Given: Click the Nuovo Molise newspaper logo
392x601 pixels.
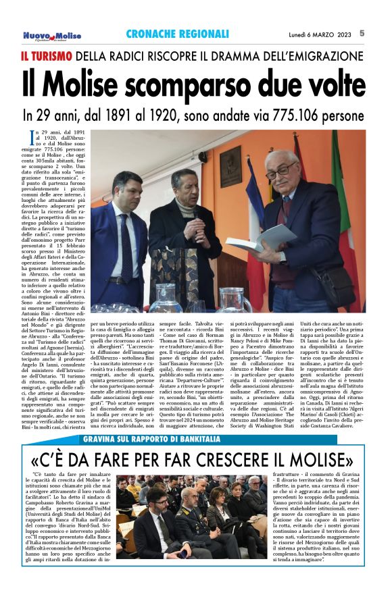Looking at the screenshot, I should (51, 35).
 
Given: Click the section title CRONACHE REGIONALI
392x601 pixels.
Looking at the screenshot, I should (177, 34).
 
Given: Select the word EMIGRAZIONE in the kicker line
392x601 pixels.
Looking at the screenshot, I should (321, 56).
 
